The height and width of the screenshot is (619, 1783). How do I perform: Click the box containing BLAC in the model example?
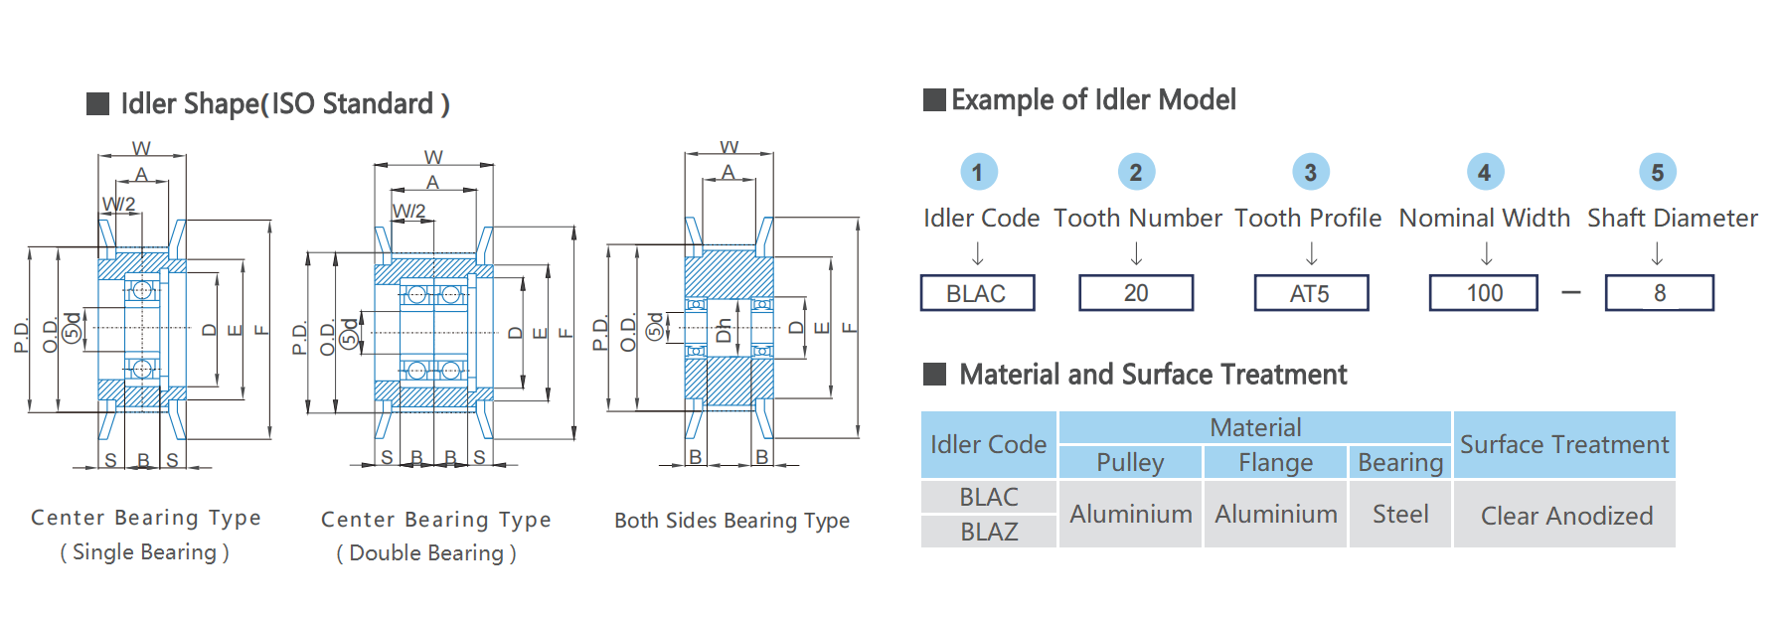point(977,293)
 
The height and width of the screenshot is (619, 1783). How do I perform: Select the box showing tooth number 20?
point(1136,293)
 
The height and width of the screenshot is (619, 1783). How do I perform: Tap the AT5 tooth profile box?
point(1311,293)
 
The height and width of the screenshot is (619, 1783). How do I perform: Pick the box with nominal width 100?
point(1484,293)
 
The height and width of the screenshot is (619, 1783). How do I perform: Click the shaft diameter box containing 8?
point(1659,293)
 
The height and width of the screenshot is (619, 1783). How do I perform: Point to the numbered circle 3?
point(1311,172)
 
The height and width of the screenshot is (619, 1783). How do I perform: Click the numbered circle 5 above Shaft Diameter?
point(1658,172)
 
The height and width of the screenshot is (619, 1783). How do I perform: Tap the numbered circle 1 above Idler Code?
point(979,172)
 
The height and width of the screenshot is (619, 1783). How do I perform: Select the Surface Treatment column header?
point(1564,444)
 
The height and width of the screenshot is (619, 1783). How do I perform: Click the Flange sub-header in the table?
point(1275,462)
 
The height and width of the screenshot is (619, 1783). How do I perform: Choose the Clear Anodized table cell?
point(1565,515)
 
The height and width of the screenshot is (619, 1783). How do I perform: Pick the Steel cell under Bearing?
point(1400,515)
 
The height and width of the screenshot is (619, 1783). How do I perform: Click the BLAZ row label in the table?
point(989,532)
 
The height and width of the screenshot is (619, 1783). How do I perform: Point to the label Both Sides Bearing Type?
point(731,521)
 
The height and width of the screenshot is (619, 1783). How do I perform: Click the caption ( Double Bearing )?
point(426,553)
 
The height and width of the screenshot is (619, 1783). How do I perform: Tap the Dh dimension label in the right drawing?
point(723,330)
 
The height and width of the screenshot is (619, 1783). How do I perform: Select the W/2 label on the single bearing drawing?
point(118,204)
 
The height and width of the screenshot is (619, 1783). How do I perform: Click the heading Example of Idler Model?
point(1093,99)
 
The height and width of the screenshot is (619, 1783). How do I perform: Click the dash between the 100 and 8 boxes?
point(1571,293)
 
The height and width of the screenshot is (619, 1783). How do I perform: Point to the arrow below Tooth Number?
point(1136,254)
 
